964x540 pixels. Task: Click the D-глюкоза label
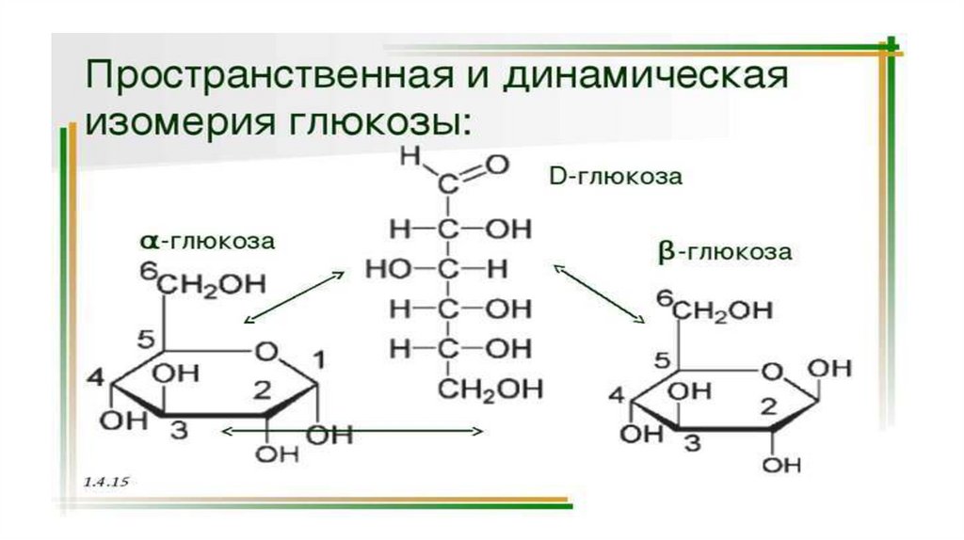pos(613,177)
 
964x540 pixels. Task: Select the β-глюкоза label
pos(724,251)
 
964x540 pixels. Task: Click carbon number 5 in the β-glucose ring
pos(662,358)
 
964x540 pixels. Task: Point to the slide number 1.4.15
pos(105,480)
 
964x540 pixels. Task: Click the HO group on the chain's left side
pos(387,270)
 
